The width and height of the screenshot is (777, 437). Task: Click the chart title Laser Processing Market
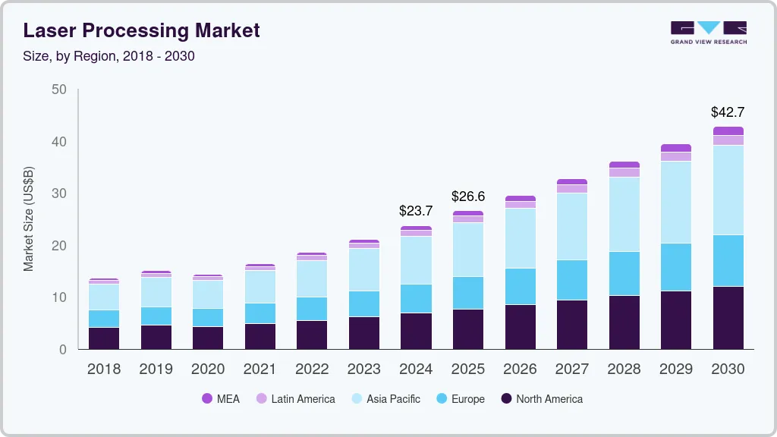[141, 30]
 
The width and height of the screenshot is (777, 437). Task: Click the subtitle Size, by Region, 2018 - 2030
[109, 56]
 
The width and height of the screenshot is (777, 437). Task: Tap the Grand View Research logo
[708, 32]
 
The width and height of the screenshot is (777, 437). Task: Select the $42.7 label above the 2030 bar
[727, 112]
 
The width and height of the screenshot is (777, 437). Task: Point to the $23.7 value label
[416, 210]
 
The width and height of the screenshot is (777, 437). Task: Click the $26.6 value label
[468, 196]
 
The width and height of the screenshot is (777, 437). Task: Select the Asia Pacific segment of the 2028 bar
[624, 214]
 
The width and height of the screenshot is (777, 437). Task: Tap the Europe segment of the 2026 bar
[520, 286]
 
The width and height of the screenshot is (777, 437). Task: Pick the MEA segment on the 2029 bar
[676, 148]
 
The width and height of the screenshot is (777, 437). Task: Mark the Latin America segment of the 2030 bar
[728, 140]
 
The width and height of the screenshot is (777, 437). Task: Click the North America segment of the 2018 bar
[104, 338]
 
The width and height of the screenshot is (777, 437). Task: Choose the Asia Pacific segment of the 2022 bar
[312, 278]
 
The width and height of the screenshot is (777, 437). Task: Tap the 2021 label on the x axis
[260, 369]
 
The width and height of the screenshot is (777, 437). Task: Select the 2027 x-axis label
[571, 369]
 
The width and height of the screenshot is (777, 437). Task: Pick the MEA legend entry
[221, 398]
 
